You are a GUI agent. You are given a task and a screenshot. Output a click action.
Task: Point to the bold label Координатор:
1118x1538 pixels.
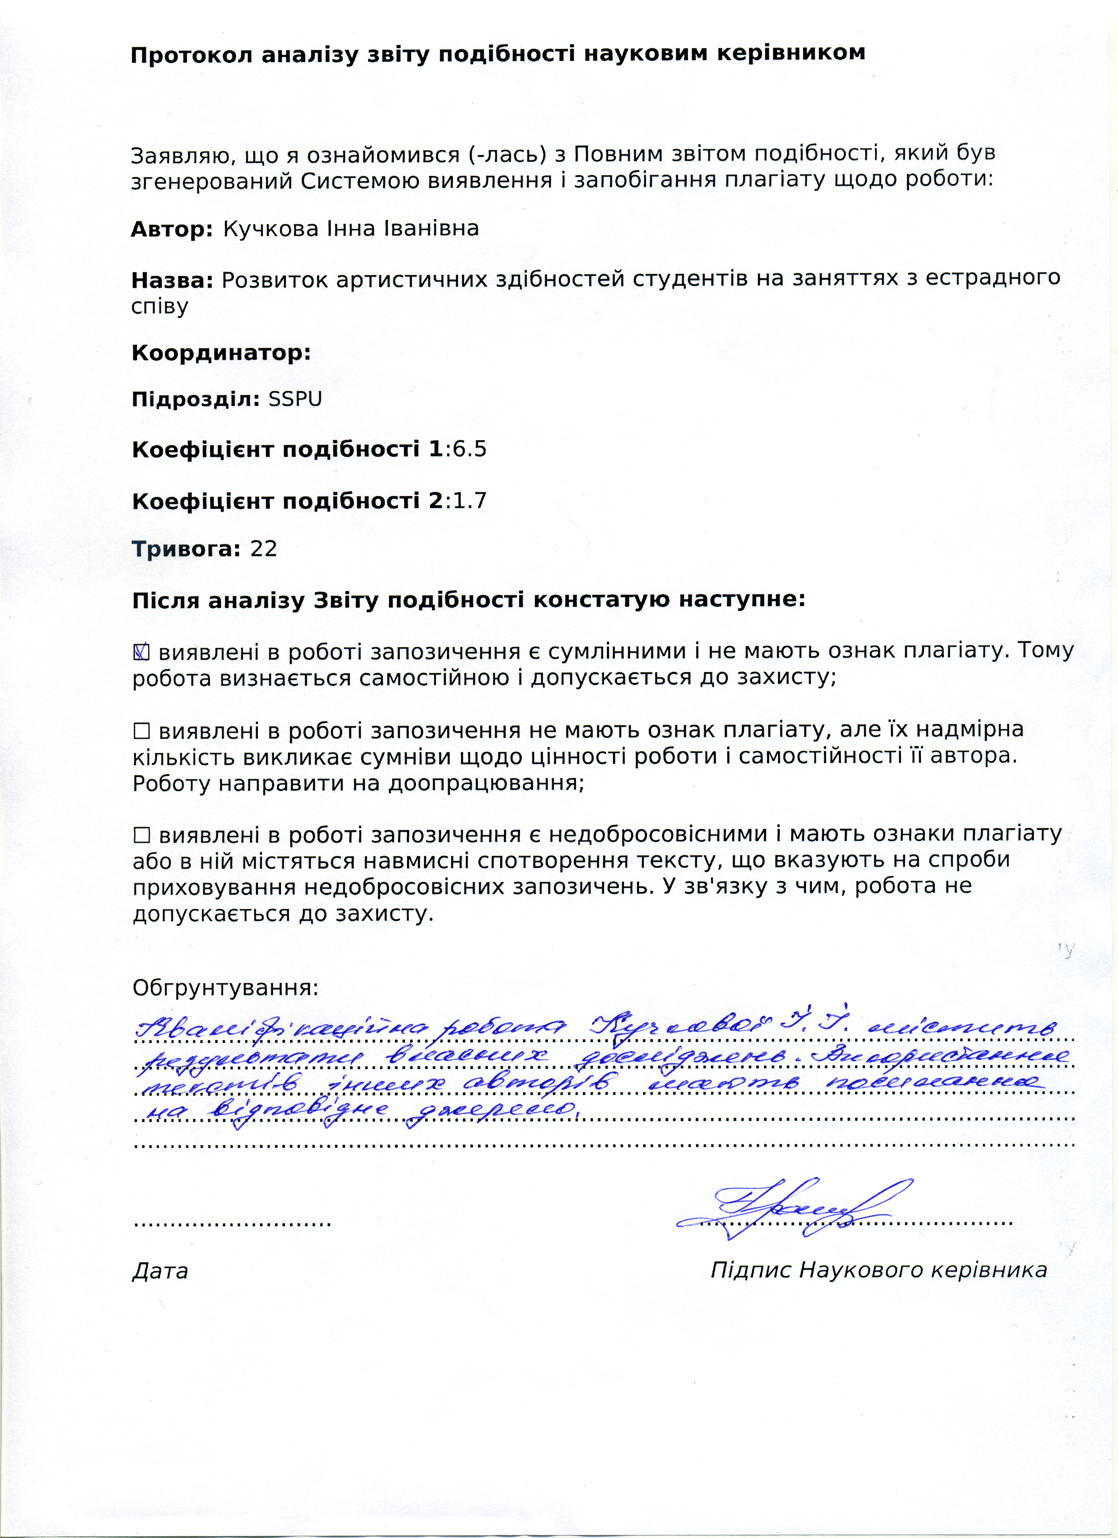coord(221,353)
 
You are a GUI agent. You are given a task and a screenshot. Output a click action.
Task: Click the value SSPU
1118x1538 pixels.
coord(295,399)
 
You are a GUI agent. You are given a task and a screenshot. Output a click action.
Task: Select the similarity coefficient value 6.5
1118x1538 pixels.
coord(469,450)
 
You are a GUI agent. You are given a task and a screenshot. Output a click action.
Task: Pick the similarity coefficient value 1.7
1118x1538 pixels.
coord(469,501)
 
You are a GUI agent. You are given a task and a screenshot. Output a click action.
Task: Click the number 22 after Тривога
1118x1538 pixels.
coord(264,549)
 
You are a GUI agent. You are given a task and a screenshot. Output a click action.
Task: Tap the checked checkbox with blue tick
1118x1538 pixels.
coord(141,652)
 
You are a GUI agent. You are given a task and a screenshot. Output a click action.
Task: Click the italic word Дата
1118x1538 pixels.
coord(160,1271)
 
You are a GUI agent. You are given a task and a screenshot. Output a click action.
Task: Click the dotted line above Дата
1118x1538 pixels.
coord(233,1223)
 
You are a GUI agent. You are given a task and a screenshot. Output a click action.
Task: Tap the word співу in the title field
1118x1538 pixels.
coord(160,306)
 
